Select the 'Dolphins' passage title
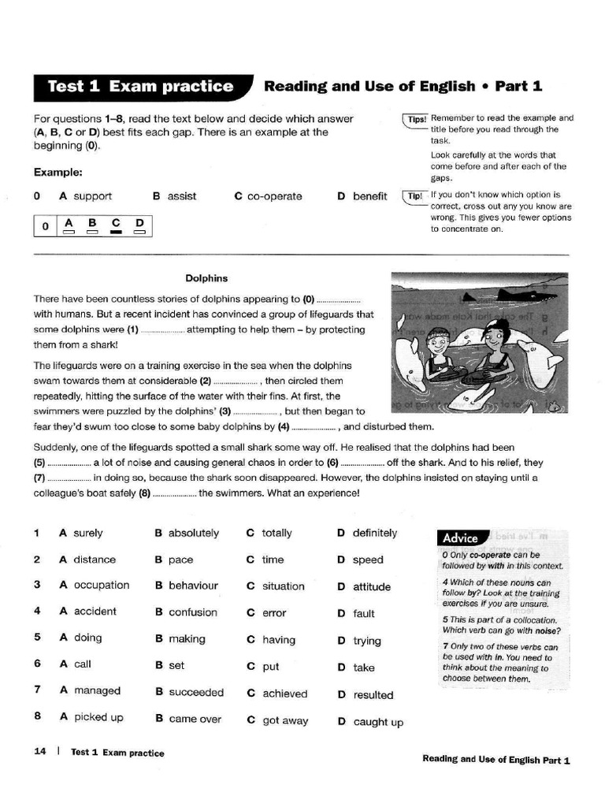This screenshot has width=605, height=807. click(206, 278)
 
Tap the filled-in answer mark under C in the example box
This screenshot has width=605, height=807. click(116, 232)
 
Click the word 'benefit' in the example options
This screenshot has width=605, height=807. click(369, 196)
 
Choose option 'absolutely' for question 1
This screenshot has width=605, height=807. click(194, 534)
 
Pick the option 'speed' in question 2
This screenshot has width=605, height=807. click(368, 560)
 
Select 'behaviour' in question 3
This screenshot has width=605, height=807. click(193, 586)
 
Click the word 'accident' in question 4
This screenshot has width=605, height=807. click(95, 612)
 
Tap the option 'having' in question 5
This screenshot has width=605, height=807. click(279, 640)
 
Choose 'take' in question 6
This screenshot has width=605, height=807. click(364, 668)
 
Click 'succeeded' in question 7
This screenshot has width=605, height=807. click(196, 693)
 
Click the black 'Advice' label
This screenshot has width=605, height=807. click(461, 538)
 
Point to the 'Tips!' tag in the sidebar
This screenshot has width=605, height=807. click(416, 119)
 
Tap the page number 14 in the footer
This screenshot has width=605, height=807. click(40, 752)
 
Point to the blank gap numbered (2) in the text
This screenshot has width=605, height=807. click(236, 381)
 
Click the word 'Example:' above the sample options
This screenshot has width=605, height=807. click(58, 172)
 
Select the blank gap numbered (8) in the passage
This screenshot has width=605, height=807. click(174, 494)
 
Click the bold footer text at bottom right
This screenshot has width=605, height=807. click(496, 760)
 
